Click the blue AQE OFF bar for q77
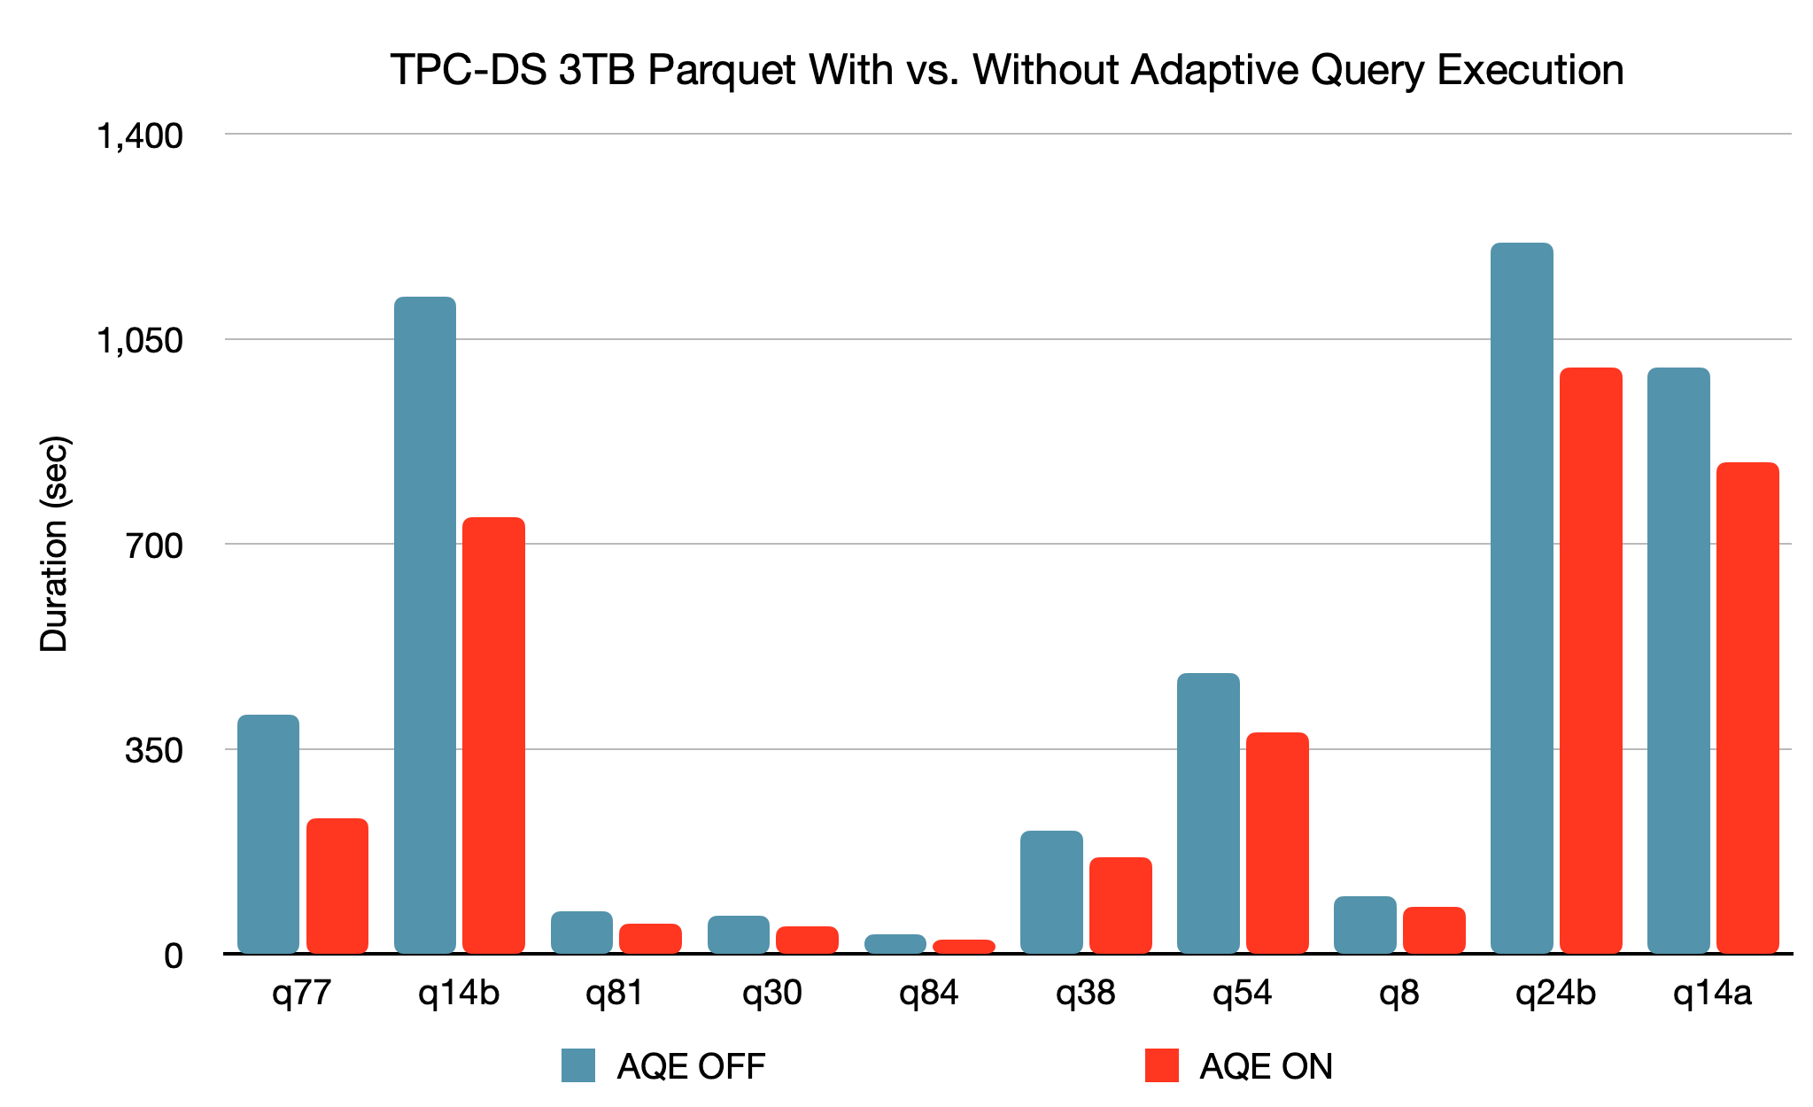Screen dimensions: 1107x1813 (268, 834)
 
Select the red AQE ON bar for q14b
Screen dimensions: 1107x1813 (493, 735)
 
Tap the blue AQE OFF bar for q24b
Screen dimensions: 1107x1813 (1522, 598)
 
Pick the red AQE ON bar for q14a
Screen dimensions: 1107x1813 (1747, 708)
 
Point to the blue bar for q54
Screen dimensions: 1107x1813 (1208, 813)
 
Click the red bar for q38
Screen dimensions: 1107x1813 (1120, 905)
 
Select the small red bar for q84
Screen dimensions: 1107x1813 (964, 947)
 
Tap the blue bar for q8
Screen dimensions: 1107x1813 (1365, 925)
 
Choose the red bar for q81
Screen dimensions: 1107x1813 (650, 939)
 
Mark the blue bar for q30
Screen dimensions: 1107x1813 (738, 934)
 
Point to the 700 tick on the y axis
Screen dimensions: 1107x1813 (153, 545)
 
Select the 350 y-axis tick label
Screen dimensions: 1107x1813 (153, 750)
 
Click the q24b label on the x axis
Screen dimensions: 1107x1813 (1555, 994)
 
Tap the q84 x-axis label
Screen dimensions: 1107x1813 (928, 994)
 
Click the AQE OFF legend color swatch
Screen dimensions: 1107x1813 (578, 1065)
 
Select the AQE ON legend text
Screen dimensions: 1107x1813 (1266, 1066)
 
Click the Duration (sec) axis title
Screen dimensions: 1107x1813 (55, 544)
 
